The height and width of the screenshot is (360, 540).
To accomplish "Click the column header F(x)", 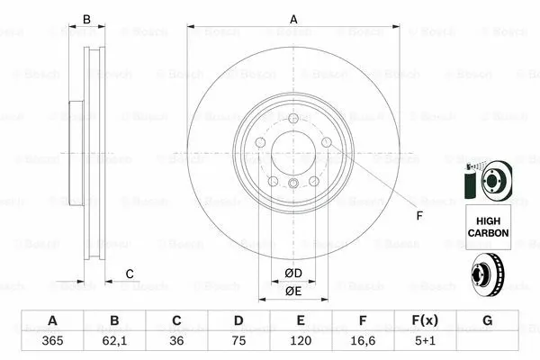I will (425, 321).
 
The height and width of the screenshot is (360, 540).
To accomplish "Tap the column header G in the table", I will (487, 321).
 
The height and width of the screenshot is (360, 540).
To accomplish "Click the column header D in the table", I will (238, 321).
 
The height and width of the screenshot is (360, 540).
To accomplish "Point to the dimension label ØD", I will (293, 273).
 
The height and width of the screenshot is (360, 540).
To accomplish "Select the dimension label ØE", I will (293, 291).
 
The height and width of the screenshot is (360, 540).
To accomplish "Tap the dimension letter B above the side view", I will (87, 19).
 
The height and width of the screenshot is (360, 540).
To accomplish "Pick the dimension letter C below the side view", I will (130, 274).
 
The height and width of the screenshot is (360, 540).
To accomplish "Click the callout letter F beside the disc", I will (418, 215).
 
